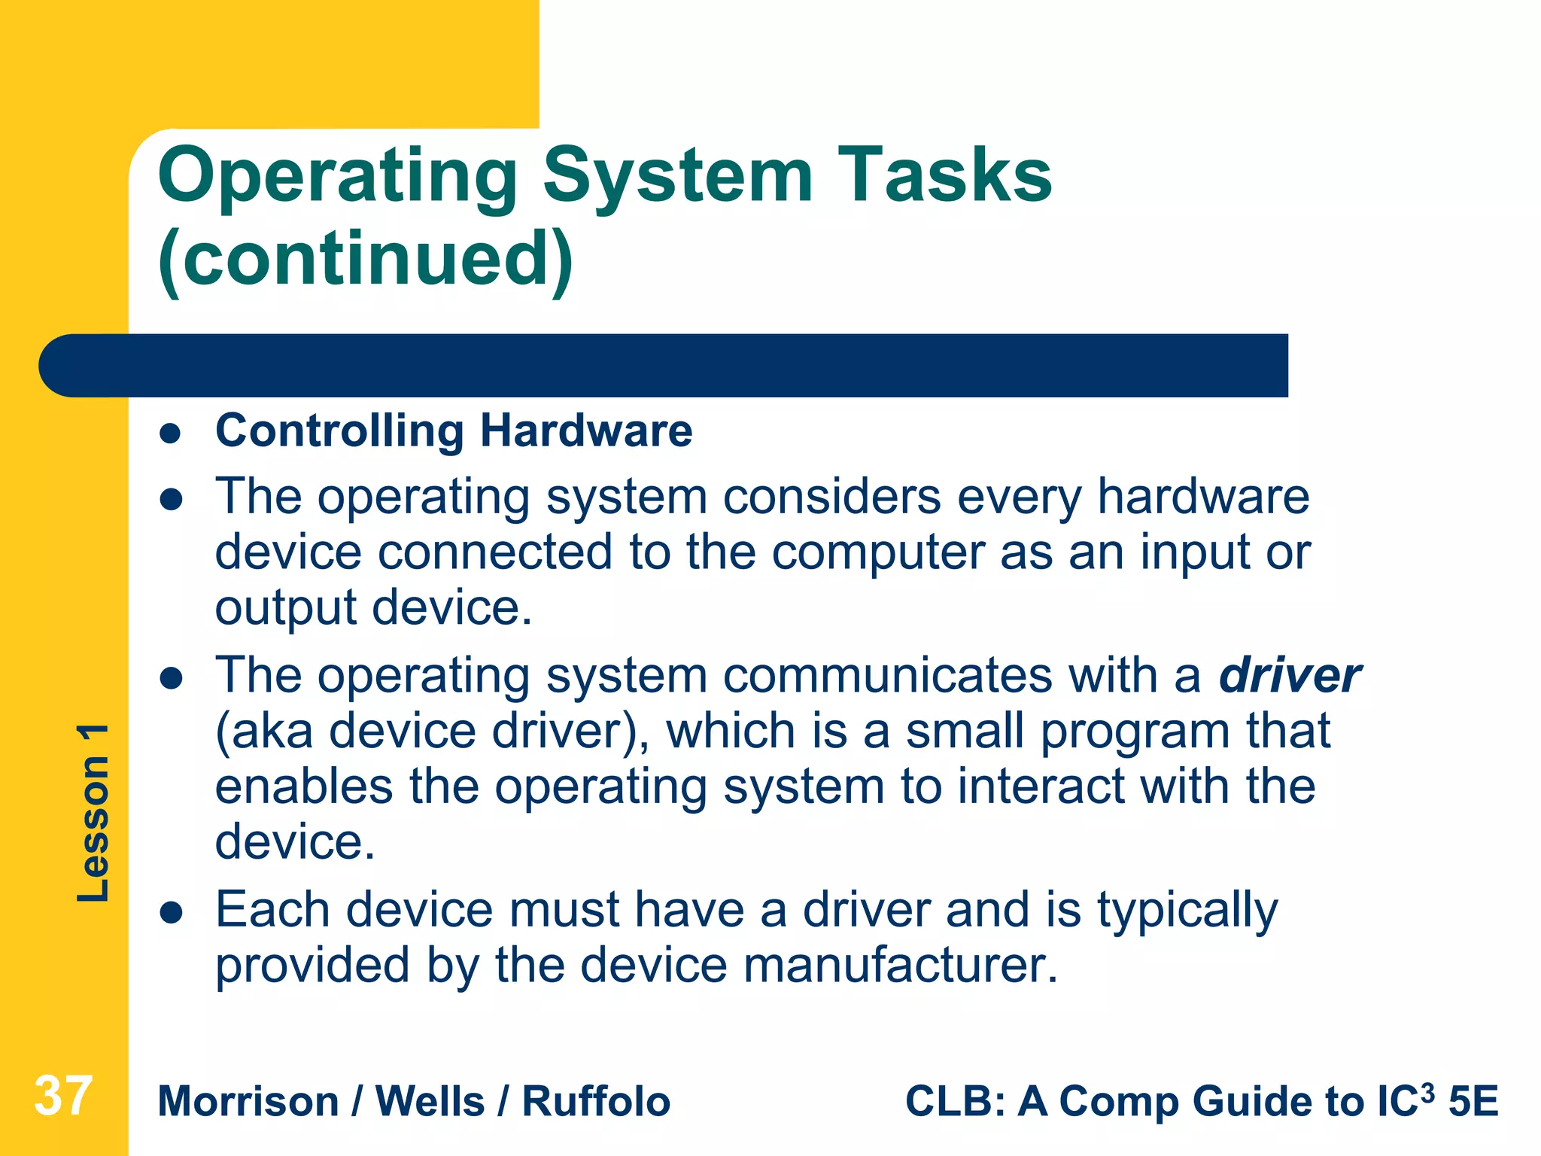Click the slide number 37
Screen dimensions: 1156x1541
point(63,1096)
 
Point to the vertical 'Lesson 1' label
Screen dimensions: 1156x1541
point(93,813)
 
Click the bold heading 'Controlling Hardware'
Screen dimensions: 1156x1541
point(454,430)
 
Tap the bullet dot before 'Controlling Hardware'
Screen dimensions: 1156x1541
point(172,433)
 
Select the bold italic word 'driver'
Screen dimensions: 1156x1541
point(1290,675)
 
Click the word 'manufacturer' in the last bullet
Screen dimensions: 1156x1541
point(892,965)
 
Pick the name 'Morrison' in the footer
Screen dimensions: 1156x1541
point(248,1102)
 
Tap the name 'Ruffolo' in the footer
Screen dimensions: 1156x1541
point(596,1102)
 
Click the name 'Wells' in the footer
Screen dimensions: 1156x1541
point(430,1102)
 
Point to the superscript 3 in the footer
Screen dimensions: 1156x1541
point(1427,1091)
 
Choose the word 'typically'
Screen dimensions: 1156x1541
point(1187,911)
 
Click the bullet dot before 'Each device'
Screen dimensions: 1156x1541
point(172,913)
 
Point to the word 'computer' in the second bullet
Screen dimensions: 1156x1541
point(877,552)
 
